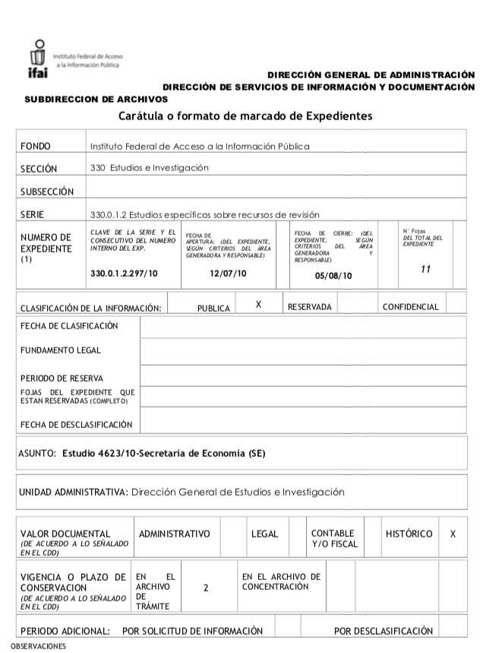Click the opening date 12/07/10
click(229, 274)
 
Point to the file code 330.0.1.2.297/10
click(124, 274)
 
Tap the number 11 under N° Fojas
click(425, 270)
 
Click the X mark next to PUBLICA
click(258, 304)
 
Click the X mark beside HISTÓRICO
click(453, 534)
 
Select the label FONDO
click(35, 146)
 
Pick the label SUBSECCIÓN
click(47, 192)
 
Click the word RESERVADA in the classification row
click(310, 307)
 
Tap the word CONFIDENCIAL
click(410, 307)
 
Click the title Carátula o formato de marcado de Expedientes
click(245, 116)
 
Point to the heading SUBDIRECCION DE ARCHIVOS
click(96, 99)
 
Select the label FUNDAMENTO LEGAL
click(61, 350)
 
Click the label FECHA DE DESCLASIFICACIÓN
click(77, 425)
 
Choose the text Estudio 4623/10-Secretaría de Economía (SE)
click(164, 454)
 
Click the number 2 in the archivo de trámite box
click(206, 588)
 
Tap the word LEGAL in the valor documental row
click(265, 534)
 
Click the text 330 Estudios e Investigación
click(149, 167)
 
